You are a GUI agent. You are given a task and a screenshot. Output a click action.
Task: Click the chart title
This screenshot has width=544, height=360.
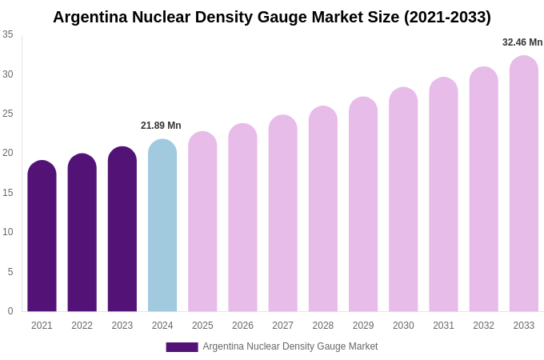click(x=272, y=17)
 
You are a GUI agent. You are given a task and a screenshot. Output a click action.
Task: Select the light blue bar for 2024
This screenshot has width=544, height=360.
click(x=162, y=228)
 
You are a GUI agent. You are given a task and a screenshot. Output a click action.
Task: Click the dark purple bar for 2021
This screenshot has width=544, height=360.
click(x=42, y=238)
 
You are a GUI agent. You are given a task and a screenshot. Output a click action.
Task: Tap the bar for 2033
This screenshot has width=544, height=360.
click(x=523, y=186)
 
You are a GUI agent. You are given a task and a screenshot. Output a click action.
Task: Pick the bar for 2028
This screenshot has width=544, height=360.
click(x=323, y=210)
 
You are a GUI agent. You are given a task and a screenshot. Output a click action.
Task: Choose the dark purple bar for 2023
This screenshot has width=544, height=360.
click(x=122, y=231)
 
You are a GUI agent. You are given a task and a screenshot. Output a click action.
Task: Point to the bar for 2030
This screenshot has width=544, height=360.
click(x=403, y=201)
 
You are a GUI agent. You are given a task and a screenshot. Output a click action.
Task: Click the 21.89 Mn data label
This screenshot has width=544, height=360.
click(x=161, y=126)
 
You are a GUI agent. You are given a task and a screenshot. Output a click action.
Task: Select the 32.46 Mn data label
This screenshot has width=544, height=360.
click(x=522, y=42)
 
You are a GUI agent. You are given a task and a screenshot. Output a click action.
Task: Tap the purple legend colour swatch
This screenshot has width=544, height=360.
click(x=182, y=347)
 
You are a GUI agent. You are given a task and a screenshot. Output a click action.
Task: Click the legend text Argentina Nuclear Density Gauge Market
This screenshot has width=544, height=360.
click(x=290, y=346)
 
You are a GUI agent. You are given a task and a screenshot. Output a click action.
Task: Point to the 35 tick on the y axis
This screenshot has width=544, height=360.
click(x=8, y=34)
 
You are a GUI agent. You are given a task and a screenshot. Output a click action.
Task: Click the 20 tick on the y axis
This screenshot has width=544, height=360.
click(x=8, y=153)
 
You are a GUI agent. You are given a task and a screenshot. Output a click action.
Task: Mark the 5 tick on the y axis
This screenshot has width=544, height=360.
click(x=10, y=272)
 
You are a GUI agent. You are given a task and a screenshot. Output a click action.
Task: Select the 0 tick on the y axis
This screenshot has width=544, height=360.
click(x=10, y=311)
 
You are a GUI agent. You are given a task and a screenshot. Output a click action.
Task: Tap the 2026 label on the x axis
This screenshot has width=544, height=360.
click(x=242, y=326)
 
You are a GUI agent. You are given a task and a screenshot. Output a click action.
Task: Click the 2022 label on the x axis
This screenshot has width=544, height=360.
click(x=82, y=326)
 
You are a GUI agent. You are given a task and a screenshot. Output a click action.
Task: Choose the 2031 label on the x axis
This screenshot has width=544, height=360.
click(x=443, y=326)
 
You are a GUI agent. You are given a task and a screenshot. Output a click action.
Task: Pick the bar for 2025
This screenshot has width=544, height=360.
click(x=202, y=223)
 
